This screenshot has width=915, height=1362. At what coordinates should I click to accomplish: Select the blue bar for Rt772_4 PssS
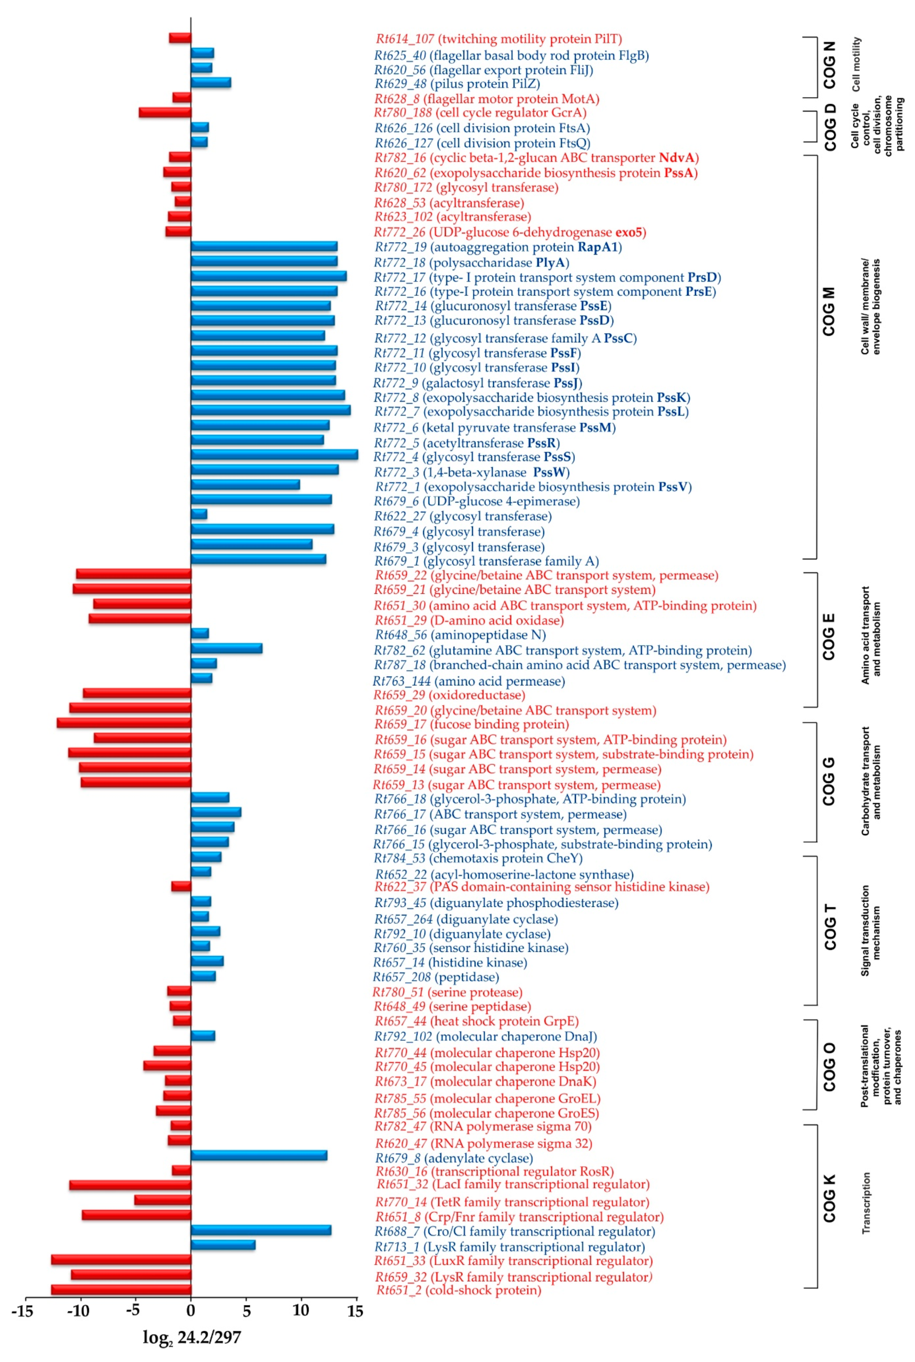(x=274, y=455)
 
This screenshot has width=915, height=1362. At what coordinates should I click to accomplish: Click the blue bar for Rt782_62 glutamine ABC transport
(x=227, y=648)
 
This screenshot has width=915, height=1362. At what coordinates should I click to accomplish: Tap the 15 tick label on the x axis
(x=355, y=1311)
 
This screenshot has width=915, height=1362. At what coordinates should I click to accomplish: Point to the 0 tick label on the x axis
(x=191, y=1311)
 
